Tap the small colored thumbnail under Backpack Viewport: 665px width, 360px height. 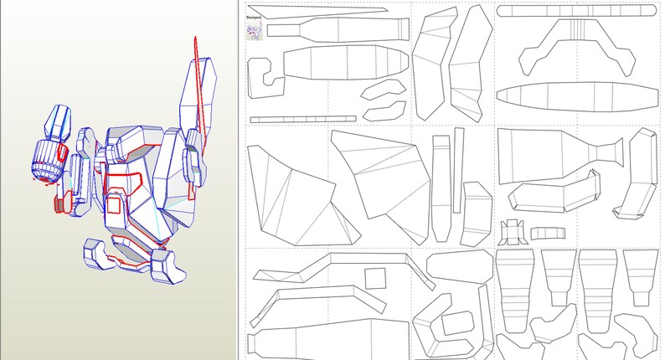point(255,31)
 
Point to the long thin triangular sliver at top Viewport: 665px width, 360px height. point(335,13)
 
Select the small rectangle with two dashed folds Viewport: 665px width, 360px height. point(548,232)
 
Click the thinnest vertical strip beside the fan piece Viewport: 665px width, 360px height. point(458,172)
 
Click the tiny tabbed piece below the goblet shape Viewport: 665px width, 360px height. point(512,230)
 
